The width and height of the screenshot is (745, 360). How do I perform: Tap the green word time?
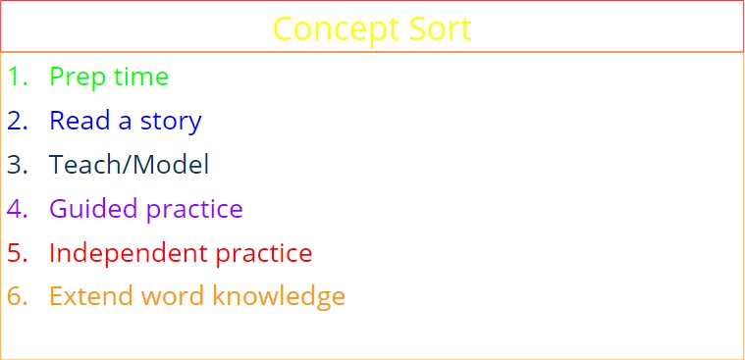[139, 77]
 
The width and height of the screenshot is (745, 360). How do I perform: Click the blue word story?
[171, 122]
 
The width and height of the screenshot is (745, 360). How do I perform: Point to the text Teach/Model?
[129, 165]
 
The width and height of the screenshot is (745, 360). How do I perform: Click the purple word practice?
[193, 210]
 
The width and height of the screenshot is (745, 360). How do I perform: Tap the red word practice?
[263, 254]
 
